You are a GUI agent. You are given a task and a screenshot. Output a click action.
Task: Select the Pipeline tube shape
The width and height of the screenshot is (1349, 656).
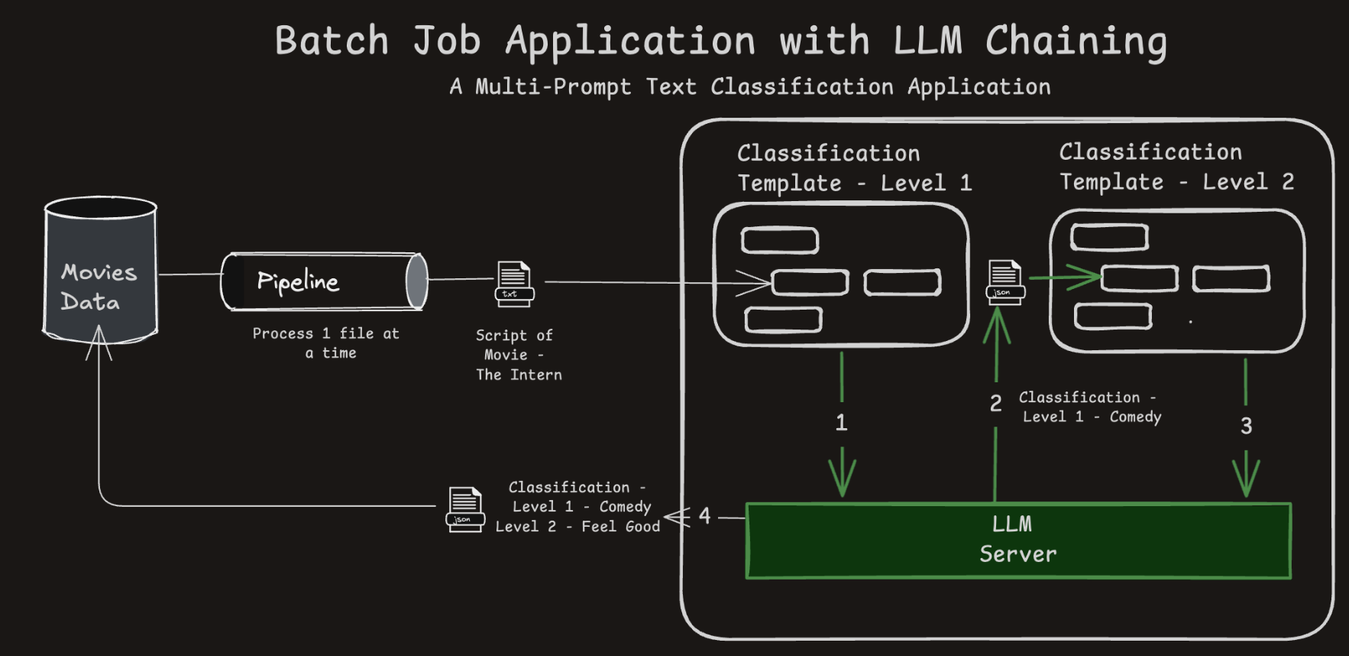[x=324, y=281]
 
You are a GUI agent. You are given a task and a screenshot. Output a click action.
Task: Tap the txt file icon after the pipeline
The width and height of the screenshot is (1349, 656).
[x=514, y=284]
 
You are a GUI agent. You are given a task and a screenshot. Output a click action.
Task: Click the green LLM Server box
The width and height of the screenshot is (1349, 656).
[x=1017, y=540]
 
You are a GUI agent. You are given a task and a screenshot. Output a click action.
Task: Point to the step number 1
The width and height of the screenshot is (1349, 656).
[x=841, y=423]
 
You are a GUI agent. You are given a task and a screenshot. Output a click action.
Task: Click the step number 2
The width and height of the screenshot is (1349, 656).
[x=995, y=404]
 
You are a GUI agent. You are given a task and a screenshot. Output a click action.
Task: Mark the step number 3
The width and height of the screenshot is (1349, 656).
[x=1246, y=426]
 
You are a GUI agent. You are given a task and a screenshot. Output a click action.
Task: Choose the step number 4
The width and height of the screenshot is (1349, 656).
[x=704, y=516]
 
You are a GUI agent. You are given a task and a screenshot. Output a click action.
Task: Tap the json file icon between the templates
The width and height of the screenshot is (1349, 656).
[x=1004, y=282]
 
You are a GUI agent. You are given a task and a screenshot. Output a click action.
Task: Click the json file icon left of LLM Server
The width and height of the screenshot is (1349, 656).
[x=465, y=509]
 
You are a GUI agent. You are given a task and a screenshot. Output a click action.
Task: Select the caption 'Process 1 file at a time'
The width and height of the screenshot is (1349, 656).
[x=326, y=343]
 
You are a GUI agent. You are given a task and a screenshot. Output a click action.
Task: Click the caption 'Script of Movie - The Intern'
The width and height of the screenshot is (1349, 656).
[x=519, y=355]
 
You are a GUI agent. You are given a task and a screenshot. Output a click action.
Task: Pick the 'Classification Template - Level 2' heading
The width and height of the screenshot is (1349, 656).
[x=1176, y=167]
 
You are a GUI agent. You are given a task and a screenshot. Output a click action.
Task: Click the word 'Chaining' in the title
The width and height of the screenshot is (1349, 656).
[x=1076, y=41]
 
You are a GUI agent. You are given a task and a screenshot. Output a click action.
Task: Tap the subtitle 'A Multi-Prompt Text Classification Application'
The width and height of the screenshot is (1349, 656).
[x=749, y=87]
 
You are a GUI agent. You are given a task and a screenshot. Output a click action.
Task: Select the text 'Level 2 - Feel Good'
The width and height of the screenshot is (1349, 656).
[x=577, y=527]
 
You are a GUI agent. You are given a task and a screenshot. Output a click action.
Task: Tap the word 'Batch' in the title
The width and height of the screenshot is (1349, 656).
[x=332, y=41]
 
